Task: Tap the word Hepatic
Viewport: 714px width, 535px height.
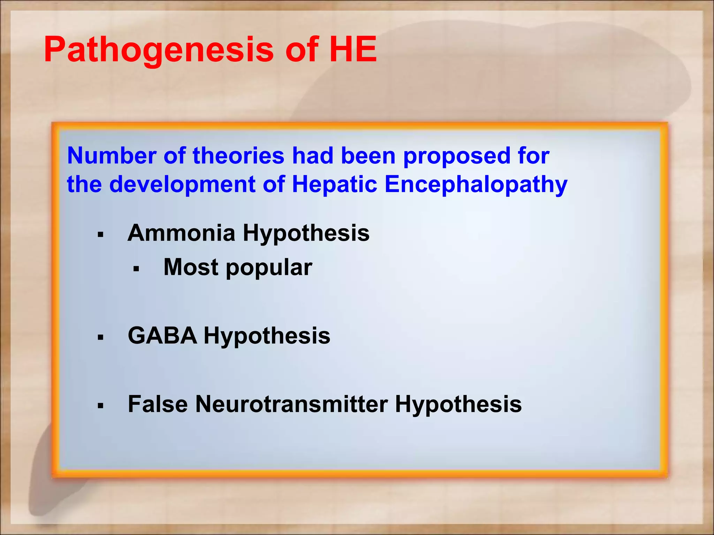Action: click(334, 185)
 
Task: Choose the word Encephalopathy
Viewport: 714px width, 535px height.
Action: click(476, 185)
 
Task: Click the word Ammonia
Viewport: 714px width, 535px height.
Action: click(181, 233)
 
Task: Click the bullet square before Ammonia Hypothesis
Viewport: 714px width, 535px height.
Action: click(100, 235)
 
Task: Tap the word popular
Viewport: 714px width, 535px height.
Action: click(269, 268)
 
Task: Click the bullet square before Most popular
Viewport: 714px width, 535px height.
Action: click(136, 269)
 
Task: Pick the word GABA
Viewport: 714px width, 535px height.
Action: click(162, 336)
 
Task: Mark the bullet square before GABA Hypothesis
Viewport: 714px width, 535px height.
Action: click(100, 337)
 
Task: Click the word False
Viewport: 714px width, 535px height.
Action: click(158, 404)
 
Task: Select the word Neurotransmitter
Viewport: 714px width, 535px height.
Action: click(291, 404)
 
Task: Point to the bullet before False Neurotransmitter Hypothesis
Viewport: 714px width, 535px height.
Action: click(100, 406)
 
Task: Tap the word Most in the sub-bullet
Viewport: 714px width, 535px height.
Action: click(191, 267)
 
